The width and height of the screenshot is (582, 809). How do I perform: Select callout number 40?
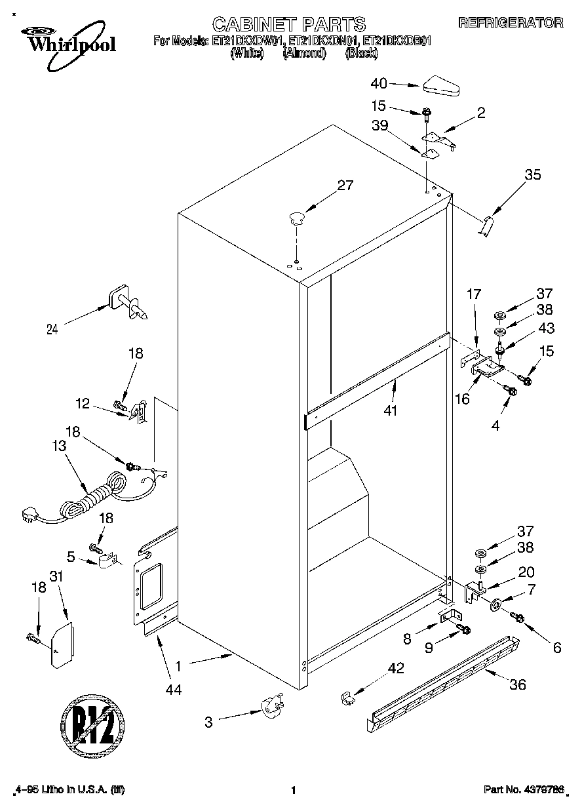pos(379,83)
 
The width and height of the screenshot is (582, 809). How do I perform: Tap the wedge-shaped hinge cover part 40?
pos(442,86)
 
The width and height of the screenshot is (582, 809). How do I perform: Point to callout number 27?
pos(345,186)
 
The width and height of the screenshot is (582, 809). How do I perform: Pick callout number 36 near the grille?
pos(518,685)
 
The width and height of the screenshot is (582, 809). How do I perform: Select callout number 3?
pos(208,722)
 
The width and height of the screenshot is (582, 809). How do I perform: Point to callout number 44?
pos(174,689)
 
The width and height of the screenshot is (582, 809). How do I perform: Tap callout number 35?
pos(532,174)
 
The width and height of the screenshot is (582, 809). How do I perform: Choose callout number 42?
pos(395,669)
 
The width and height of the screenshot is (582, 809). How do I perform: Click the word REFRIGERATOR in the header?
pos(511,22)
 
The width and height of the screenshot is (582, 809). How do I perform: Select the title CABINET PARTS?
pos(288,24)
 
